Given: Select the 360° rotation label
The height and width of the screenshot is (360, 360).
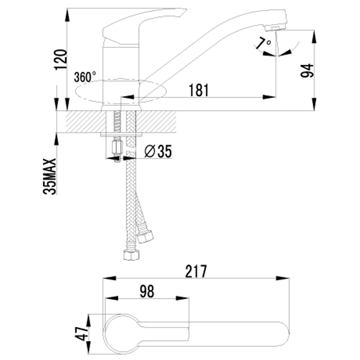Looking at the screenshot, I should tap(85, 76).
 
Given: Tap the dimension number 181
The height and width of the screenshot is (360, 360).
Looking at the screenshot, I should tap(198, 90).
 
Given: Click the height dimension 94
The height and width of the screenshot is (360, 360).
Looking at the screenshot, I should tap(306, 70).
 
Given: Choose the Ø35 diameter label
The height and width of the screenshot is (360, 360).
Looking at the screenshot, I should tap(158, 152).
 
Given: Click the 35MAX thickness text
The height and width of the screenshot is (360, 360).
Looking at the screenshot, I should tap(50, 176).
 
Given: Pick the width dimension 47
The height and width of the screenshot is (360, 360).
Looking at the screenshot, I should tap(81, 333).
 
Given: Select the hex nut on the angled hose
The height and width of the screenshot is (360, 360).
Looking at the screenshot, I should tap(146, 236).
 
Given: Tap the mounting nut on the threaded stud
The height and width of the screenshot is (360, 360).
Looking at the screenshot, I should tap(117, 147).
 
